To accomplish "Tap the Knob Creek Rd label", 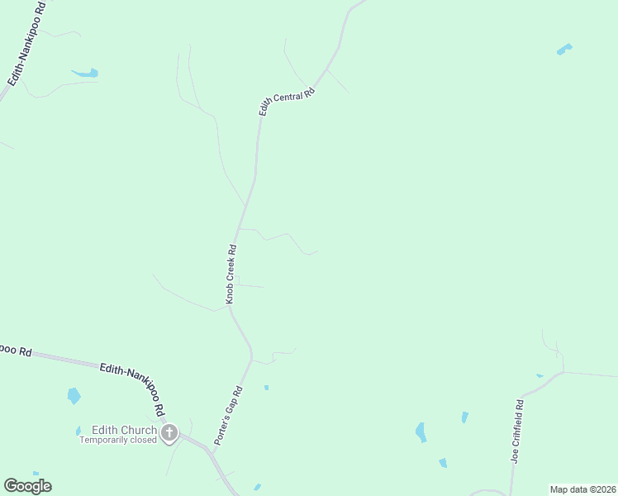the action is pyautogui.click(x=232, y=273).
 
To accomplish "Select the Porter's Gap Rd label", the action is pyautogui.click(x=228, y=417).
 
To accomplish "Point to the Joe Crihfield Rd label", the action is pyautogui.click(x=517, y=432).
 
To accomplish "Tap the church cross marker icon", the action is pyautogui.click(x=169, y=432).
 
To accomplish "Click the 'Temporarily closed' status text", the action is pyautogui.click(x=117, y=440).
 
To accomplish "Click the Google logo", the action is pyautogui.click(x=27, y=485).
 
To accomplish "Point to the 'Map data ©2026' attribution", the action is pyautogui.click(x=582, y=489).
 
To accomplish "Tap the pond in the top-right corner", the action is pyautogui.click(x=564, y=49).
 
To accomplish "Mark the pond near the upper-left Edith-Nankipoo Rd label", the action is pyautogui.click(x=85, y=74).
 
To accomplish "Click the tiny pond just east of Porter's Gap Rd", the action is pyautogui.click(x=266, y=387).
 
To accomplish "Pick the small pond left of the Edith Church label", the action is pyautogui.click(x=78, y=430).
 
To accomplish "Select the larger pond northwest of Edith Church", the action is pyautogui.click(x=74, y=395).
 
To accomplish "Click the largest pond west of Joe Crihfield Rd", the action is pyautogui.click(x=421, y=432).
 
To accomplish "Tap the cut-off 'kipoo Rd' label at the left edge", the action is pyautogui.click(x=15, y=350).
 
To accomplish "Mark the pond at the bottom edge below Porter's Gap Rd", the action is pyautogui.click(x=257, y=487).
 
